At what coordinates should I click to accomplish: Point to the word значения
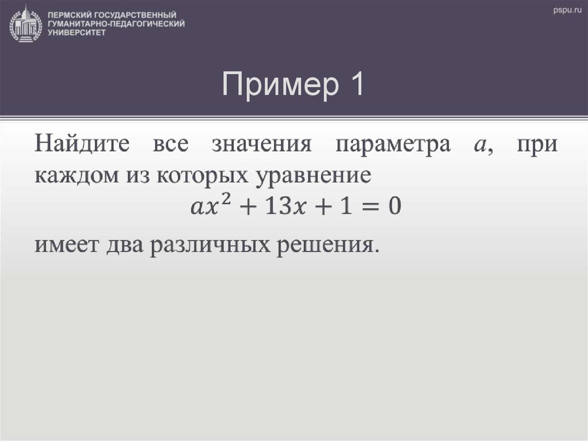(x=261, y=144)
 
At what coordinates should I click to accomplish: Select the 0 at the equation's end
(x=393, y=206)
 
